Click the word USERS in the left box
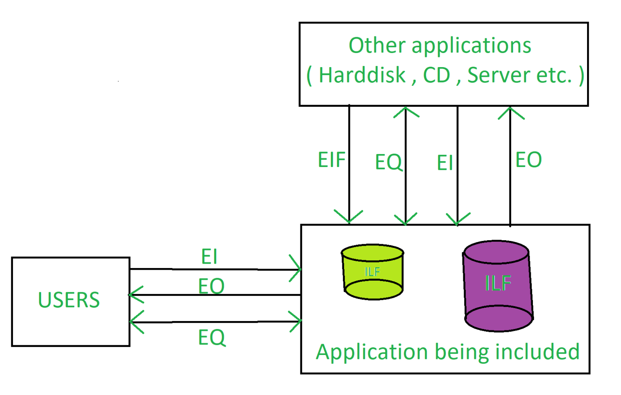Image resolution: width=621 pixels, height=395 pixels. pos(69,300)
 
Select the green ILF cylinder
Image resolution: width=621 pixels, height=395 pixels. pos(372,272)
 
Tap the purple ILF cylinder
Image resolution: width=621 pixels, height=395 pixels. pos(498,285)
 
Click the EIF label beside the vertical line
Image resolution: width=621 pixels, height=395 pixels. pos(332,160)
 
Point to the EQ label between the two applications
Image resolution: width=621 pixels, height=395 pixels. pos(389,162)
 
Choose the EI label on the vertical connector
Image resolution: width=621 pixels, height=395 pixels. pos(445,163)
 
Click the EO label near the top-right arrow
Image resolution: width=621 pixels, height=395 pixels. pos(528,160)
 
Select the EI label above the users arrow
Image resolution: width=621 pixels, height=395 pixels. pos(209,257)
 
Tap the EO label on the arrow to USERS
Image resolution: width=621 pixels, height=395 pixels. pos(211,286)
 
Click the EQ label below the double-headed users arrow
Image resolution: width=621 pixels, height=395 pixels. pos(211,337)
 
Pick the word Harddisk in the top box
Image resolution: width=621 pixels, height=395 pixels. pos(362,75)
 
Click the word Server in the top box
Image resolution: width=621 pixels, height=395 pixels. pos(499,75)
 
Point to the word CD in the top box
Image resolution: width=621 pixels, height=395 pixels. pos(437,75)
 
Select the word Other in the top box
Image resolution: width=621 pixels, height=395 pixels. pos(376,45)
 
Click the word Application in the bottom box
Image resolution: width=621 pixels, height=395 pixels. pos(372,352)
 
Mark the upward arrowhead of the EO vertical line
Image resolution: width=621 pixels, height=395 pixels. pos(511,112)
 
